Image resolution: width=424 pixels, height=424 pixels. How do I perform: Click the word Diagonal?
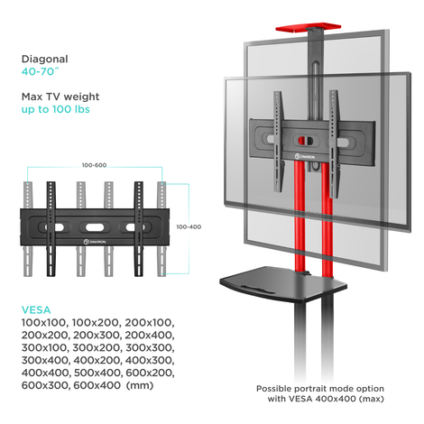click(x=45, y=59)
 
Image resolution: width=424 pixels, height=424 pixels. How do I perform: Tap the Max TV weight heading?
click(x=60, y=97)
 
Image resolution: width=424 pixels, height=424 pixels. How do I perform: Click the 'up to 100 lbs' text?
click(x=56, y=109)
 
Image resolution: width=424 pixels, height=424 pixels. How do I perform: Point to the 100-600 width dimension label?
click(x=94, y=165)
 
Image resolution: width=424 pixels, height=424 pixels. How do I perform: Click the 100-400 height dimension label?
click(x=189, y=226)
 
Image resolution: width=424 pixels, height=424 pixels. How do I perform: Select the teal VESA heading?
click(x=36, y=310)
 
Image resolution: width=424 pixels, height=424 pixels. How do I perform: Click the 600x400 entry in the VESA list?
click(x=97, y=385)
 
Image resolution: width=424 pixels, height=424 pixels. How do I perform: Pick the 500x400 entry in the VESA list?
click(x=97, y=373)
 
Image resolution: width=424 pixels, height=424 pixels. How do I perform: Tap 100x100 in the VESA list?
click(x=43, y=323)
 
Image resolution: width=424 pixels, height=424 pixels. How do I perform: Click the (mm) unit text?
click(x=140, y=385)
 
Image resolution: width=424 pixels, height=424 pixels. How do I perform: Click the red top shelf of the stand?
click(x=309, y=27)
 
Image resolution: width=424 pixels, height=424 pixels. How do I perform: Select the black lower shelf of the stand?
click(x=283, y=284)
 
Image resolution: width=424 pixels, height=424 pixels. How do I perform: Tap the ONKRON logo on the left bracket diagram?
click(x=95, y=242)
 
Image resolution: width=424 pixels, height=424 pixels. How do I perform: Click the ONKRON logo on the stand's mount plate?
click(x=305, y=157)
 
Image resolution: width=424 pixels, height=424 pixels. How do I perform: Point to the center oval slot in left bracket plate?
click(x=95, y=227)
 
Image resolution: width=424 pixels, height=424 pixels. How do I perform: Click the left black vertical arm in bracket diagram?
click(x=51, y=228)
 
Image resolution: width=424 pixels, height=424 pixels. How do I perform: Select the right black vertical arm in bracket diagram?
click(x=139, y=228)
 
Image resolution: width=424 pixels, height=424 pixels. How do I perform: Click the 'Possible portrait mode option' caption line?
click(x=320, y=389)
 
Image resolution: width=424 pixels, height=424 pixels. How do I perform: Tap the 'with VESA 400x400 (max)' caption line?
click(x=326, y=399)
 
